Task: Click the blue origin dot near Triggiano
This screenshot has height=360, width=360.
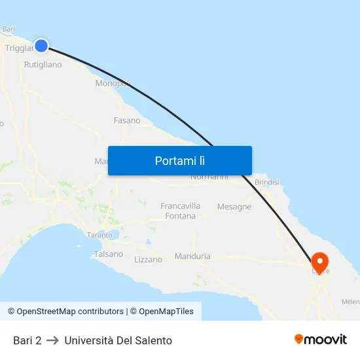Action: coord(41,45)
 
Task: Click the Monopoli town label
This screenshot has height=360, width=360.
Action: coord(113,83)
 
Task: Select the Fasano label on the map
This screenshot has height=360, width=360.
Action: coord(127,120)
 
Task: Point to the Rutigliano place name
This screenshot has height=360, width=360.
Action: coord(43,65)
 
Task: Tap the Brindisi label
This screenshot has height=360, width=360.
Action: coord(266,182)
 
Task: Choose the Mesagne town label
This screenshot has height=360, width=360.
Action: coord(234,207)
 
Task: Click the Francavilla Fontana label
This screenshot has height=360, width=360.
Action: coord(181,211)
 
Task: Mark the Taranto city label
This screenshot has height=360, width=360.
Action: coord(100,234)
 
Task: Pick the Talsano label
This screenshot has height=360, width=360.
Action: coord(108,254)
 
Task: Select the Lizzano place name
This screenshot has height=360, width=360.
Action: coord(148,259)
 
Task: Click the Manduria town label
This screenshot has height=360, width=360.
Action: coord(192,257)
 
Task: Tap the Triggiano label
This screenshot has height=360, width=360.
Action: coord(18,48)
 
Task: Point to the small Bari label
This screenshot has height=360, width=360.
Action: coord(9,29)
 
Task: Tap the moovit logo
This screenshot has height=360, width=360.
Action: coord(321,340)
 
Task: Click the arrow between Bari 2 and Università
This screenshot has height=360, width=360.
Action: coord(53,340)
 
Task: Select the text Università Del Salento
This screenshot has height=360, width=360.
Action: coord(118,340)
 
